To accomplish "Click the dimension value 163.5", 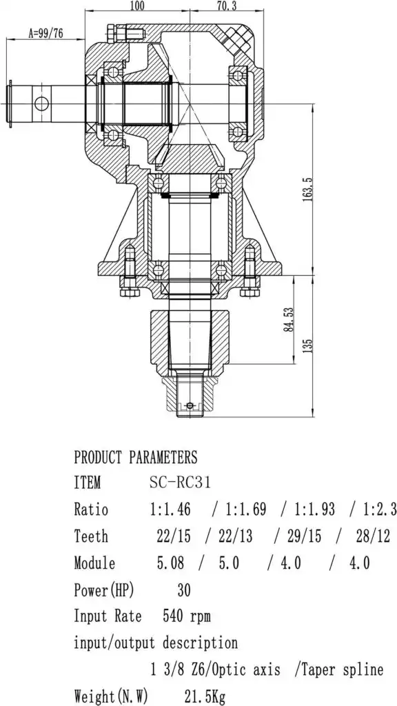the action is [307, 189].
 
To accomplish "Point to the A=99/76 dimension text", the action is [45, 33].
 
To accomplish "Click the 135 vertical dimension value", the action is [307, 345].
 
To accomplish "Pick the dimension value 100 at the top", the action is [137, 6].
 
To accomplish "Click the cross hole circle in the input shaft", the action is [41, 103].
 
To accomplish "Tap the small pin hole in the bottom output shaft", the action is [190, 405].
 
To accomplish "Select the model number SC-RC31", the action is [180, 483].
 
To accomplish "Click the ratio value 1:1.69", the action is [246, 510].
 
